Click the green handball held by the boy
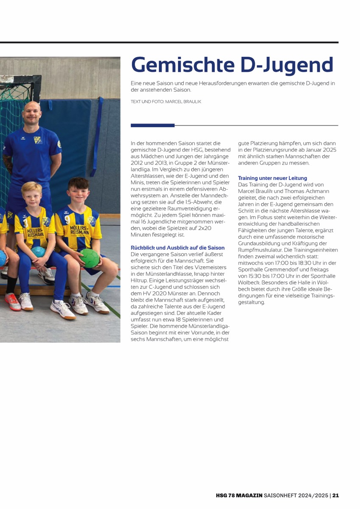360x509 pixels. tap(90, 258)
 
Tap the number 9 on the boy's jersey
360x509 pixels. tap(67, 220)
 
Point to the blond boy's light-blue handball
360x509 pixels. tap(38, 252)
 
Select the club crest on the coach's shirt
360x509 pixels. tap(38, 140)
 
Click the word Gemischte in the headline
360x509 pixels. tap(178, 65)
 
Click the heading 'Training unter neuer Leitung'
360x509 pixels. tap(273, 178)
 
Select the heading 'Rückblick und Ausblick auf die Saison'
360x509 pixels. tap(178, 248)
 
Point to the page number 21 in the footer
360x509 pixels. tap(335, 495)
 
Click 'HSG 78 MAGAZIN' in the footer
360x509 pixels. tap(239, 495)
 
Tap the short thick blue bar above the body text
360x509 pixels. tap(152, 126)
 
